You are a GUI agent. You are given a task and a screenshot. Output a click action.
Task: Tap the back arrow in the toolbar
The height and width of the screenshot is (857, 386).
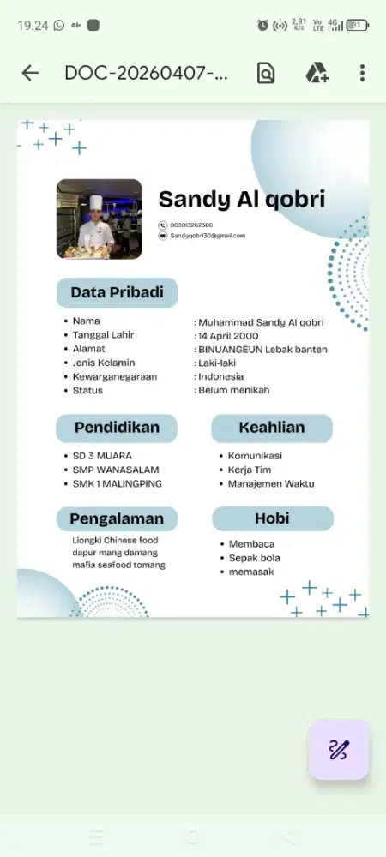point(30,73)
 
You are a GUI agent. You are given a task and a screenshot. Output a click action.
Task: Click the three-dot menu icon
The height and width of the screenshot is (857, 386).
point(362,73)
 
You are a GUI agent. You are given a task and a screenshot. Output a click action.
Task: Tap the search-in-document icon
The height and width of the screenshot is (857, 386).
point(266,73)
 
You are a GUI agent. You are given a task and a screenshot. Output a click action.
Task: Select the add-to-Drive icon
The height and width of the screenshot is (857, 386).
point(317,73)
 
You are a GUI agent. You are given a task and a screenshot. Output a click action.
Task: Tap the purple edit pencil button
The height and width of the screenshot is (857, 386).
point(339,750)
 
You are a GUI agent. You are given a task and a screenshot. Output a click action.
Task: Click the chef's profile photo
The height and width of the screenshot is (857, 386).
point(99,219)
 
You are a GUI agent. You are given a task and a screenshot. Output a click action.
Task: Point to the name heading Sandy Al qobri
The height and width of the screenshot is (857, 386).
point(241,200)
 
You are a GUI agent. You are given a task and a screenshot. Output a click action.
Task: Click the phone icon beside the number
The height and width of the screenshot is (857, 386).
point(162,225)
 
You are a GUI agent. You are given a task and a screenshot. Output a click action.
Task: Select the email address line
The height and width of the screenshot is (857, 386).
point(208,235)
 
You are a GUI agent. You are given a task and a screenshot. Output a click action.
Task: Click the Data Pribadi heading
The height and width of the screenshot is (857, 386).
point(117,292)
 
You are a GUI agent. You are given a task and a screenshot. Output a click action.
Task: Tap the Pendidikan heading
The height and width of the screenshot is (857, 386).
point(117,428)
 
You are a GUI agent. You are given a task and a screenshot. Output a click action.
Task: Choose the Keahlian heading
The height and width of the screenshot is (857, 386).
point(271,428)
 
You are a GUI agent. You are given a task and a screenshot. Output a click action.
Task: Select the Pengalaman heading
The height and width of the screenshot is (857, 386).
point(117,518)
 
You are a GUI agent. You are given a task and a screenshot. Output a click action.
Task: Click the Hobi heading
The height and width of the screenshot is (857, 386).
point(271,518)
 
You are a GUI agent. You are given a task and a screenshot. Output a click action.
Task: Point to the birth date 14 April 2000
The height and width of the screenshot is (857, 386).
point(228,335)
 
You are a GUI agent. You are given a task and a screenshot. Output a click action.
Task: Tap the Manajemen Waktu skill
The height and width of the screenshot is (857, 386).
point(270,483)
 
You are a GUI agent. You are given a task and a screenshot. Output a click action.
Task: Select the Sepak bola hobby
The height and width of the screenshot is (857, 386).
point(254,558)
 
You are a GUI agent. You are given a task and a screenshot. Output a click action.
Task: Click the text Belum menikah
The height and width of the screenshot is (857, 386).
point(233,390)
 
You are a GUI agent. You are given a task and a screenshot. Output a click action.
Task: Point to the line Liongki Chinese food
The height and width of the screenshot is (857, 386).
point(115,540)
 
